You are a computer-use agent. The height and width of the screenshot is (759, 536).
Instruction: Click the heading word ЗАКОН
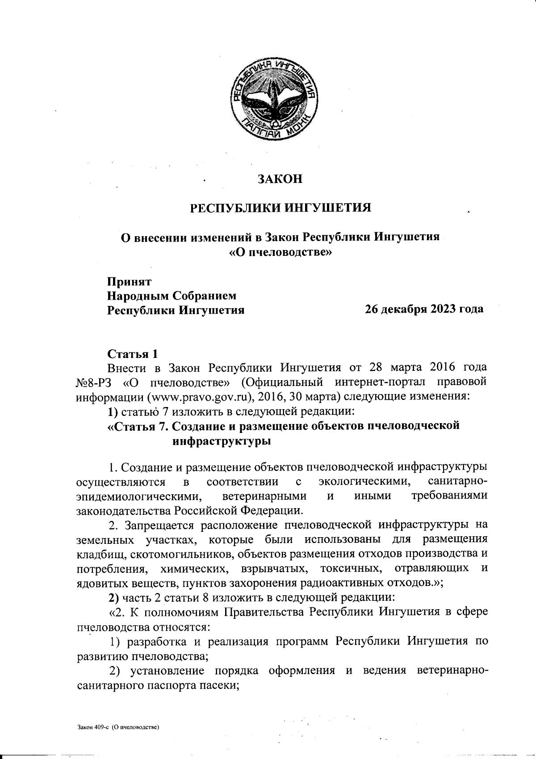point(280,179)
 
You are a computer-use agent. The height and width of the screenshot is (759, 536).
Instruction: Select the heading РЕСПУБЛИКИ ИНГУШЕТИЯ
point(281,208)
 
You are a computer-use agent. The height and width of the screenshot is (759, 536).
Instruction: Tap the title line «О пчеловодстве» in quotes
point(281,252)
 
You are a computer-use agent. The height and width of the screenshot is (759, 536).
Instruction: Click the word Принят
point(129,282)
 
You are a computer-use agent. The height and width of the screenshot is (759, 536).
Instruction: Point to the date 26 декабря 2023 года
point(424,309)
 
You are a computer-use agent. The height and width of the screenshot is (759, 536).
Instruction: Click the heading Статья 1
point(133,354)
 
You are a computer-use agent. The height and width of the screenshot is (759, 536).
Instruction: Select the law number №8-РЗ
point(95,382)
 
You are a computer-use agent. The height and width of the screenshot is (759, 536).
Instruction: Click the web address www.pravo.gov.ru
point(199,396)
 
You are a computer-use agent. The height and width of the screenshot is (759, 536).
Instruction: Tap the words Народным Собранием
point(172,296)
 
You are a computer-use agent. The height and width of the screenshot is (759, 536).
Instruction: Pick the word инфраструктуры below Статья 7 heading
point(221,441)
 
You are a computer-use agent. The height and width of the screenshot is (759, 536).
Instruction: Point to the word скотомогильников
point(181,554)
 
